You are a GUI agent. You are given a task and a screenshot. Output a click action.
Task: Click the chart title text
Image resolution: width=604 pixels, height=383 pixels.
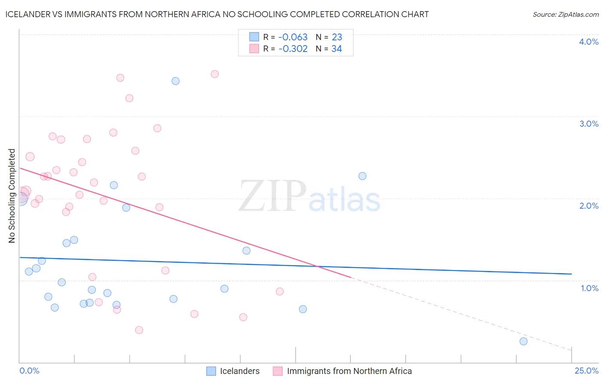(217, 14)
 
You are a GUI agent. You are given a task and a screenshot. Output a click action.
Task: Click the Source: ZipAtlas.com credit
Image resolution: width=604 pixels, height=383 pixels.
(565, 15)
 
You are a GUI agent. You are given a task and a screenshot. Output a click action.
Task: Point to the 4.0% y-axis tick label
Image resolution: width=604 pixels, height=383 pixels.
(589, 42)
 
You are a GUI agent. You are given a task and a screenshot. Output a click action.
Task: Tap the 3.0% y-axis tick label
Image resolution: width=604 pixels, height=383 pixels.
(589, 124)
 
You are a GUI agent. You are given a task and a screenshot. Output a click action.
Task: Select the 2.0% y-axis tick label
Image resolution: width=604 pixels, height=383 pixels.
(589, 206)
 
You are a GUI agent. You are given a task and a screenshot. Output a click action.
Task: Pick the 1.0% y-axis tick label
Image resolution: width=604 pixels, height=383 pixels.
(589, 288)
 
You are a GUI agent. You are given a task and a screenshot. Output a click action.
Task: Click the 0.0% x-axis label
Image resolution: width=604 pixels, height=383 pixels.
(29, 371)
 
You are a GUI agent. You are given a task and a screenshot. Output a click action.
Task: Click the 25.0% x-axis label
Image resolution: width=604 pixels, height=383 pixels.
(586, 371)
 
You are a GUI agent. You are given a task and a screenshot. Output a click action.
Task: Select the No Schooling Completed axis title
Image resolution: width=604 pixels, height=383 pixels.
(12, 196)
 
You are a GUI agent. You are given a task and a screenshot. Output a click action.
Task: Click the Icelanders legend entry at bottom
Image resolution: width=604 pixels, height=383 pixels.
(239, 371)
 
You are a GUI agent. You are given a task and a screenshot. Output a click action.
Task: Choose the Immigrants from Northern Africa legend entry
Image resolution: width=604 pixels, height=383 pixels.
(349, 371)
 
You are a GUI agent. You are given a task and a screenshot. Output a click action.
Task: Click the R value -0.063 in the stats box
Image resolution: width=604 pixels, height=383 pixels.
(293, 37)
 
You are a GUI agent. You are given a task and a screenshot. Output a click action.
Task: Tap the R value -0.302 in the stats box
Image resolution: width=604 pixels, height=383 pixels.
(293, 49)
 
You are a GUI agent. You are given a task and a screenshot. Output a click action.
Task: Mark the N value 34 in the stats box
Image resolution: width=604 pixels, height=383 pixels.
(336, 49)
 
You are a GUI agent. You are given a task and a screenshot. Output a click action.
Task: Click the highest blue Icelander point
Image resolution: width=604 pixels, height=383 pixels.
(175, 81)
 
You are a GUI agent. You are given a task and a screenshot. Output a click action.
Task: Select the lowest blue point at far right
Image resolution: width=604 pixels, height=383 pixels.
(523, 341)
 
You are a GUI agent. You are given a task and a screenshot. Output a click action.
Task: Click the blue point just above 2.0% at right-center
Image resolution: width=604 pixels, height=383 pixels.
(362, 176)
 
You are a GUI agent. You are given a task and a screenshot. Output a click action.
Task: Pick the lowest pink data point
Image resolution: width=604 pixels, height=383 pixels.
(139, 330)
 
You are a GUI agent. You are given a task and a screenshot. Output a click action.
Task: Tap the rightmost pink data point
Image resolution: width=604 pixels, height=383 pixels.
(280, 292)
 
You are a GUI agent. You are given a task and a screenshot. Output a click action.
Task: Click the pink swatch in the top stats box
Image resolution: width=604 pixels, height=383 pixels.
(254, 49)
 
